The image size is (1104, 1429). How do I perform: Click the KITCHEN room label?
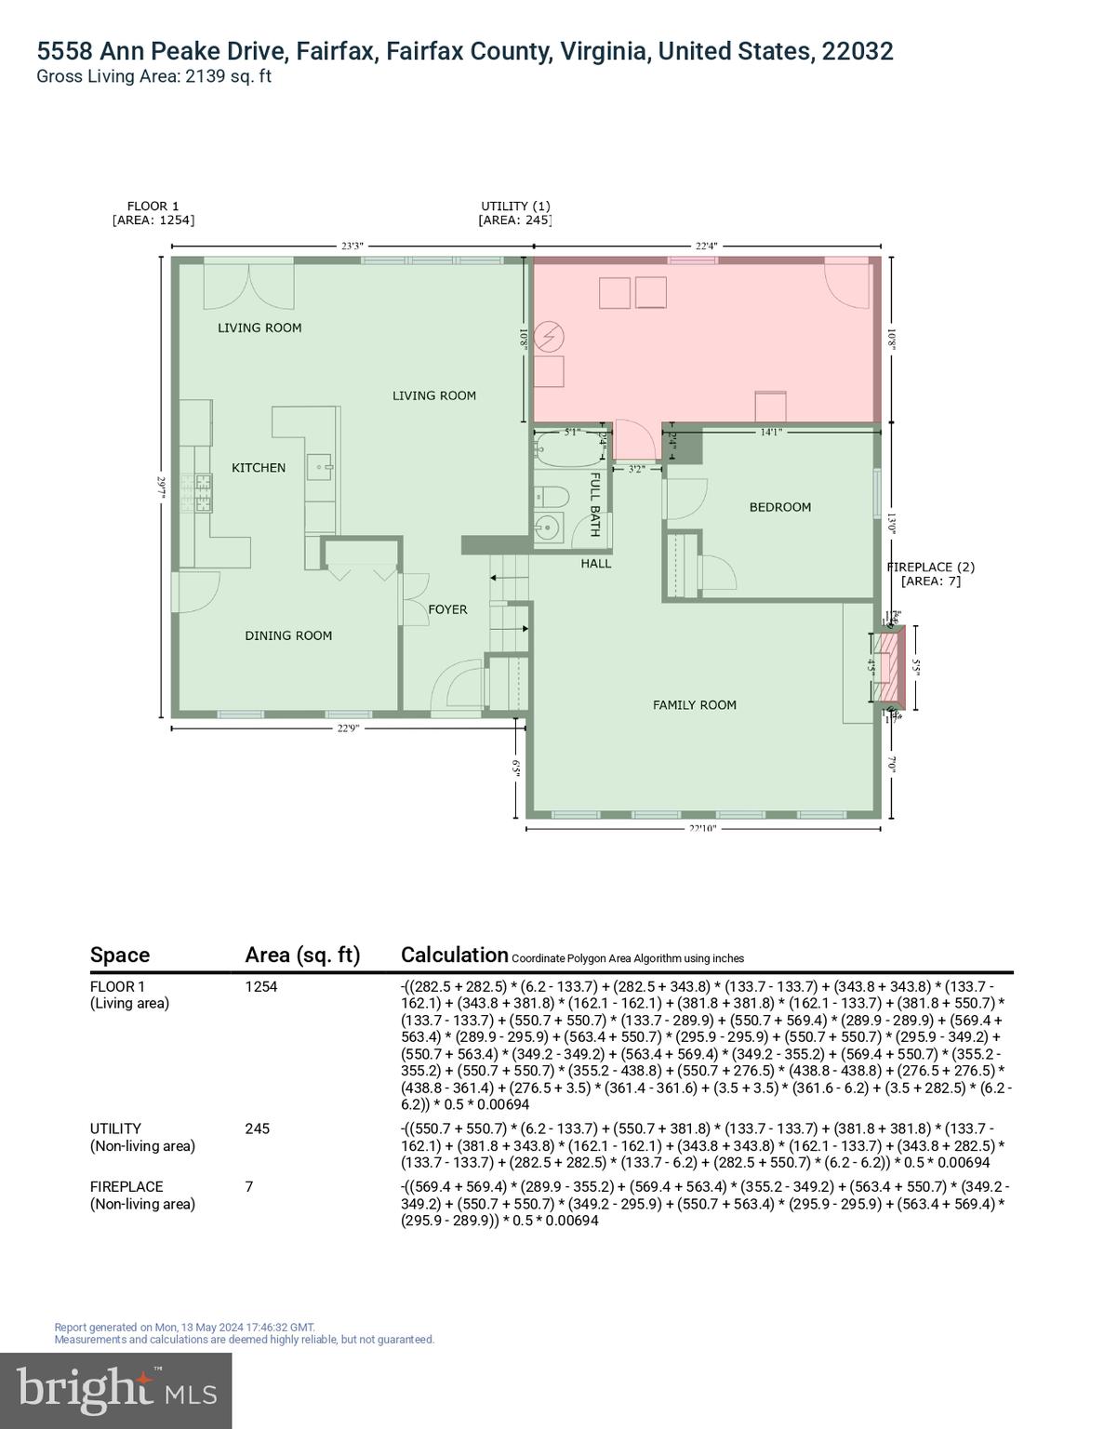point(258,468)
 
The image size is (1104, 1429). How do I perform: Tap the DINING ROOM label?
point(288,635)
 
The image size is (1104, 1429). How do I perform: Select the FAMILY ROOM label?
point(694,705)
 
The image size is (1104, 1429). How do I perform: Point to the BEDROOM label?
point(779,507)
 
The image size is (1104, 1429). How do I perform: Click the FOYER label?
point(447,609)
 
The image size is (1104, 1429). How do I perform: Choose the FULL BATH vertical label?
point(595,504)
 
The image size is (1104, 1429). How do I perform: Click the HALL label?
point(596,563)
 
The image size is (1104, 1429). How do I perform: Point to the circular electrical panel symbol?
point(552,336)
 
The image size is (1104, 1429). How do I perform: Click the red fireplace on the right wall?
point(894,666)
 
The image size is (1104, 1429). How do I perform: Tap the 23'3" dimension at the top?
point(352,247)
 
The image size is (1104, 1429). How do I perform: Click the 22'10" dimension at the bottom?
point(702,827)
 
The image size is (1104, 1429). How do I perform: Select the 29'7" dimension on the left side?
point(162,487)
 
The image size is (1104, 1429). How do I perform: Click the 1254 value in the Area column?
point(261,986)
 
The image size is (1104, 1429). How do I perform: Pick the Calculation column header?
point(454,955)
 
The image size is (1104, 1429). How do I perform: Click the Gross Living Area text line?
point(153,76)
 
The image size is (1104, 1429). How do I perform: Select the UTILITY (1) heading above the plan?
point(515,206)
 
